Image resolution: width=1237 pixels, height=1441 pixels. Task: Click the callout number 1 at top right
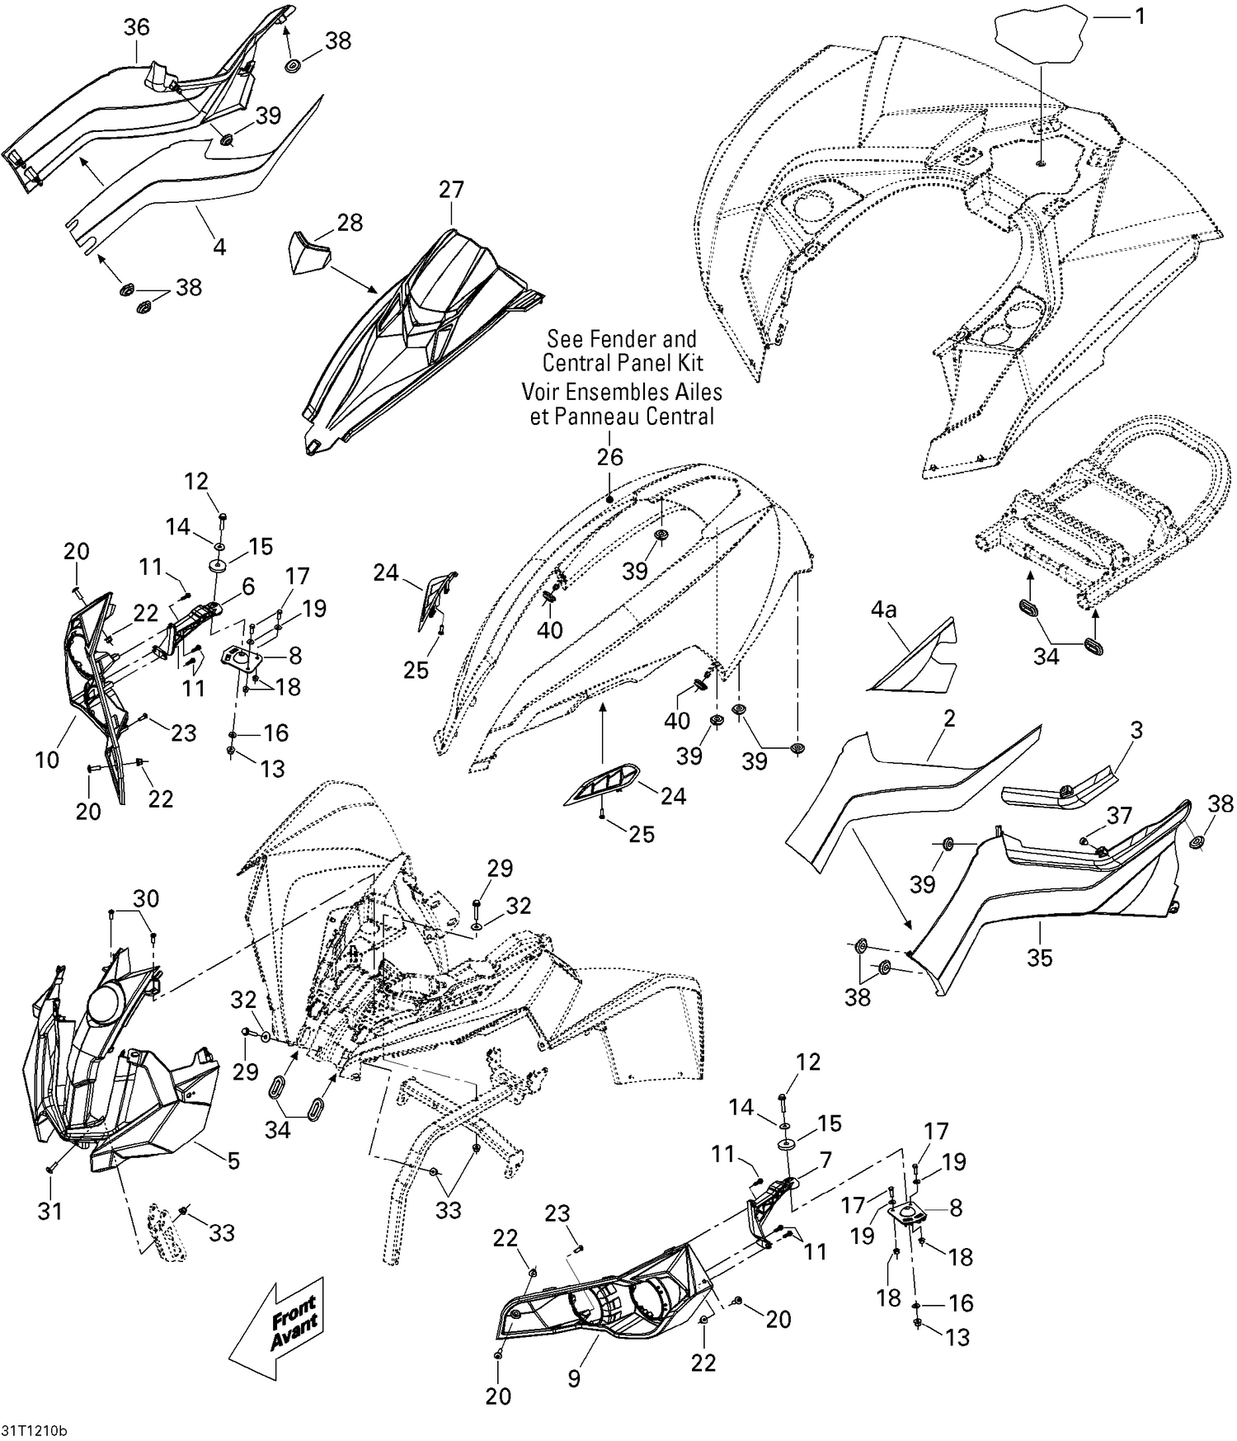pos(1141,16)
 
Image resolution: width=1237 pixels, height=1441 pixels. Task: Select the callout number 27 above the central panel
pos(451,190)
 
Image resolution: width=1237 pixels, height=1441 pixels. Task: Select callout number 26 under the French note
pos(610,458)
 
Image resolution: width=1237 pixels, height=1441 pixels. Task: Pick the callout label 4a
pos(883,610)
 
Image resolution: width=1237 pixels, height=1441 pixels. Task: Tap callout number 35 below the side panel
pos(1039,958)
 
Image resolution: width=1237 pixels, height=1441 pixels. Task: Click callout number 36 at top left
pos(137,28)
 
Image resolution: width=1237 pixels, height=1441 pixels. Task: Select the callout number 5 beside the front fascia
pos(233,1161)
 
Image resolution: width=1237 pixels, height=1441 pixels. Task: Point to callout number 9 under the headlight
pos(574,1378)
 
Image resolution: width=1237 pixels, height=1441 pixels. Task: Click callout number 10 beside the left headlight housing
pos(48,760)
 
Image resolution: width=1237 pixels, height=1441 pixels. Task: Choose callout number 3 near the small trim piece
pos(1136,730)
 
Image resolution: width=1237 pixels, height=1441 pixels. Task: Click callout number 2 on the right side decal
pos(949,718)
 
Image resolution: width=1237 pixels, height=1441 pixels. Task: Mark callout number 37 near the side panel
pos(1119,817)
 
